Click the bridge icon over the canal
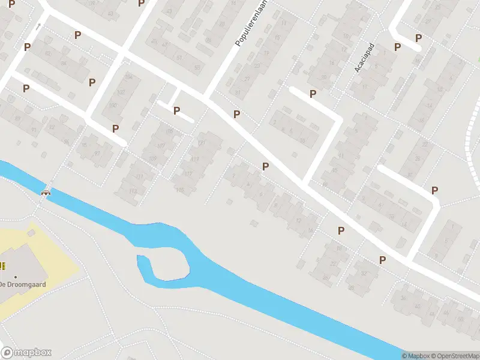(46, 192)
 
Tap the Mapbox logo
(26, 353)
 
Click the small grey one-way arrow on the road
(38, 26)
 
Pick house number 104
(127, 77)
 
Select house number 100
(113, 106)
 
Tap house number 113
(133, 191)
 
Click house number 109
(152, 159)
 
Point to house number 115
(180, 190)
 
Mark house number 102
(121, 92)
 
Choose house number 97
(97, 153)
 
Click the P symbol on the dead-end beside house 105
(176, 110)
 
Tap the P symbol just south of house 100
(115, 128)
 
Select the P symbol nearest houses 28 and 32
(341, 230)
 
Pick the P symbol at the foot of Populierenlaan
(237, 114)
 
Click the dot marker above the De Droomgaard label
(16, 277)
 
